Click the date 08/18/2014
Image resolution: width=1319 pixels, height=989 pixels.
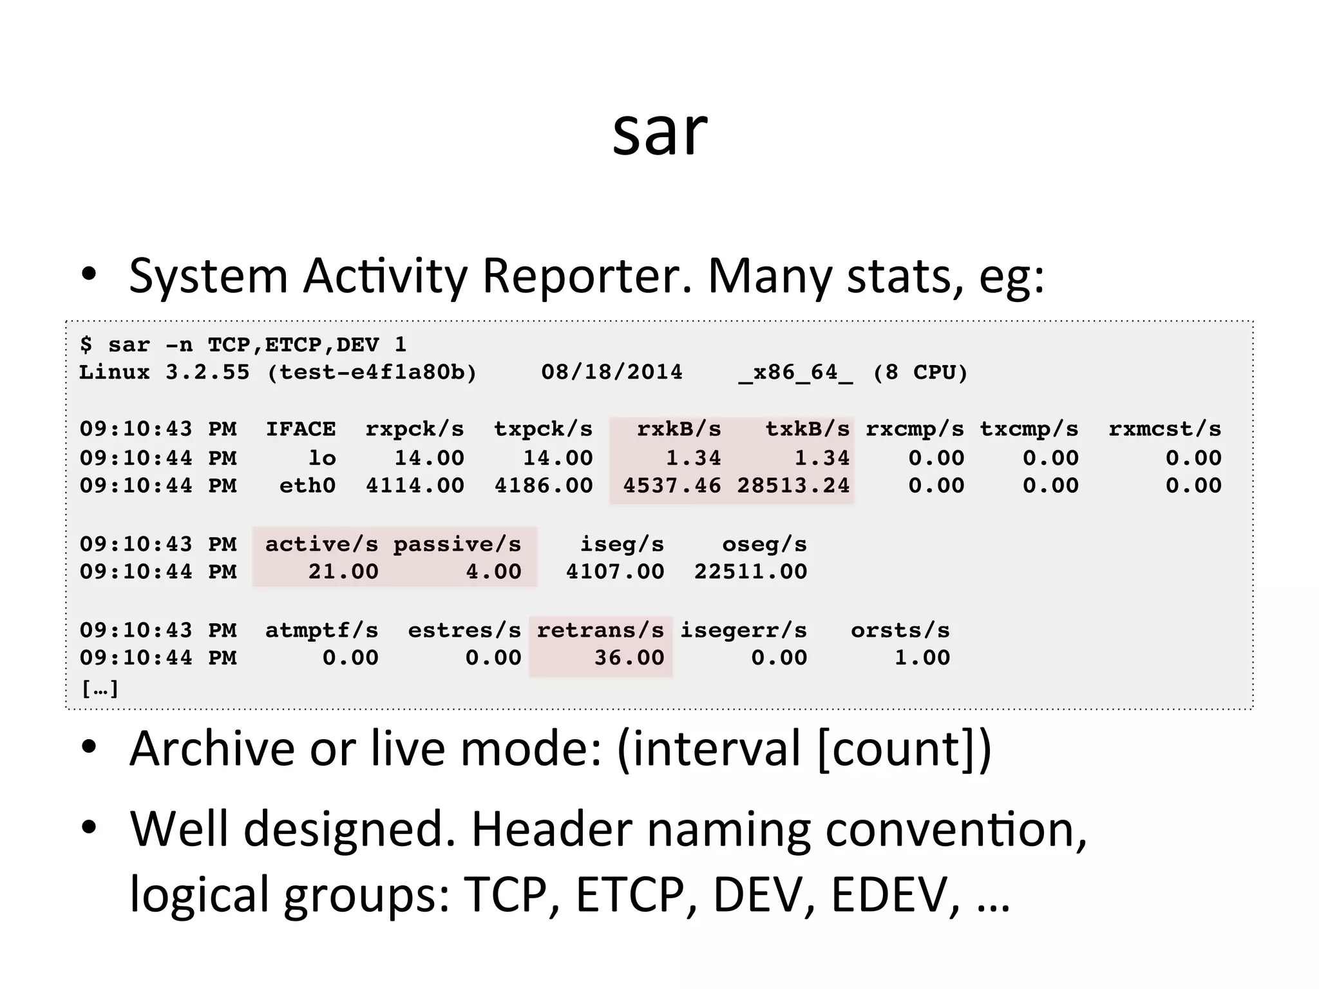611,372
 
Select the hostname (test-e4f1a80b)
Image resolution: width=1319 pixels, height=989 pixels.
372,372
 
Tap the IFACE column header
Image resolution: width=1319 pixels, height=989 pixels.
301,429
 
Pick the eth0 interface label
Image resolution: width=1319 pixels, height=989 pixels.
307,485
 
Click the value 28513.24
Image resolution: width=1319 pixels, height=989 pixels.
793,485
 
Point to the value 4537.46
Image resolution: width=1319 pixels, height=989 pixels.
672,485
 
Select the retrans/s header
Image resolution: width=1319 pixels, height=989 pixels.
600,630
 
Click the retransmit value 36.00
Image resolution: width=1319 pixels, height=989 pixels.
629,658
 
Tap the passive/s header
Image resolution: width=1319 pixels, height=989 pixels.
457,545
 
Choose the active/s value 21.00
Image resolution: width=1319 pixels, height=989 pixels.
343,572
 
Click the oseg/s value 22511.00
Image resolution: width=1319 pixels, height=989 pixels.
750,572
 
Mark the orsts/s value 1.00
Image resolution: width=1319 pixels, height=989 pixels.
922,658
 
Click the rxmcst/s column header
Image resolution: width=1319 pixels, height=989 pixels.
1164,429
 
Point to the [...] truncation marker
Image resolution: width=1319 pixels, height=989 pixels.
100,689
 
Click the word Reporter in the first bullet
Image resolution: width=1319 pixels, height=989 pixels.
587,276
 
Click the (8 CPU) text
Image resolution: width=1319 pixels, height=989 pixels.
920,372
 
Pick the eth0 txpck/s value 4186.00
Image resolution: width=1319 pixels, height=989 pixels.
543,485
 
